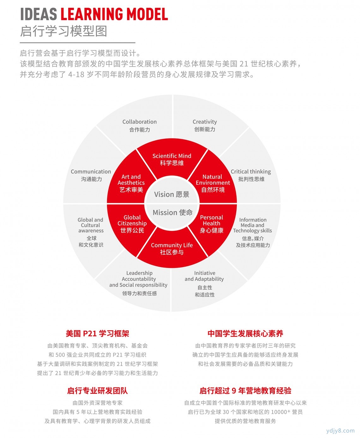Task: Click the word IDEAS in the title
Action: [39, 14]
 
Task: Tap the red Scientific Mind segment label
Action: [172, 159]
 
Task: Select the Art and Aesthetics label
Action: [131, 183]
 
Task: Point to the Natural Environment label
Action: [213, 183]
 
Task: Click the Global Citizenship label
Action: [132, 224]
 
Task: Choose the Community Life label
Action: [172, 249]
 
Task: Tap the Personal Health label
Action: [212, 224]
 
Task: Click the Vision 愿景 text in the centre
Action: [172, 194]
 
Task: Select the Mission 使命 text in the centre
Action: [172, 212]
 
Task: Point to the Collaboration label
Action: [140, 126]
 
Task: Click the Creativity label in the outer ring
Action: [205, 125]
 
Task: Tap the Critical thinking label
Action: [251, 175]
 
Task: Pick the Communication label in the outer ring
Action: [91, 175]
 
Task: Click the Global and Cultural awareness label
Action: [91, 232]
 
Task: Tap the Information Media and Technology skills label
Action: [253, 232]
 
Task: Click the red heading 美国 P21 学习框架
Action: [98, 333]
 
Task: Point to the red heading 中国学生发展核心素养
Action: [245, 333]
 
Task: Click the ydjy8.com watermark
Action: [340, 430]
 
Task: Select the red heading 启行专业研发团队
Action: [98, 391]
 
